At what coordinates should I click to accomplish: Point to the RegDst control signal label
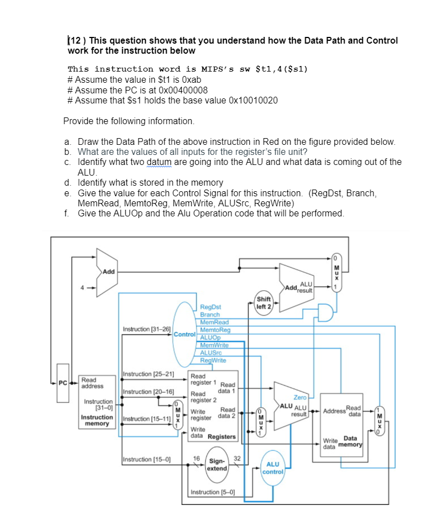point(211,307)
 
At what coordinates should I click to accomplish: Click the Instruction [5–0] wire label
point(212,492)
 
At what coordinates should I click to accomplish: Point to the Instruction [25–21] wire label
point(149,374)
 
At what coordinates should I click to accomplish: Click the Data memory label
point(351,442)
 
